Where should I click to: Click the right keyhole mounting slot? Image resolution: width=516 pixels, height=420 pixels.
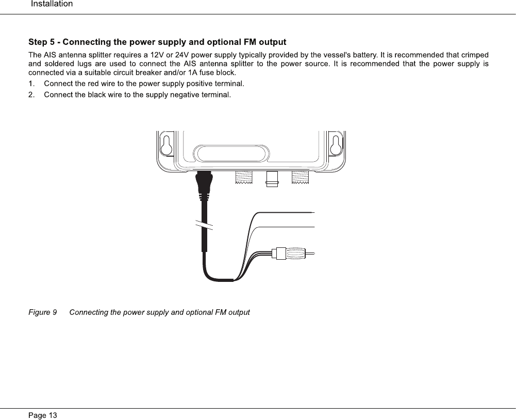[336, 144]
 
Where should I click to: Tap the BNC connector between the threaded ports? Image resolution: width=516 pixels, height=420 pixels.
[272, 178]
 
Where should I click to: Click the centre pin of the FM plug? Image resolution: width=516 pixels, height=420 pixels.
[310, 254]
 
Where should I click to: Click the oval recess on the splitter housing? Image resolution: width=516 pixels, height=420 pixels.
[229, 154]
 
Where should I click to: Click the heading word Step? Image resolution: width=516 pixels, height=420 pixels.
[38, 42]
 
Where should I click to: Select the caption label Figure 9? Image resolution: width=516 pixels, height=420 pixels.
[43, 312]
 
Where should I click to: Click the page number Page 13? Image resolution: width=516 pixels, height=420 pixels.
[43, 415]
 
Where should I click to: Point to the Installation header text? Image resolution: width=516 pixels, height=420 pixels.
[52, 4]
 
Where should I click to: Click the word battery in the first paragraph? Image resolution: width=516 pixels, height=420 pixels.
[365, 55]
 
